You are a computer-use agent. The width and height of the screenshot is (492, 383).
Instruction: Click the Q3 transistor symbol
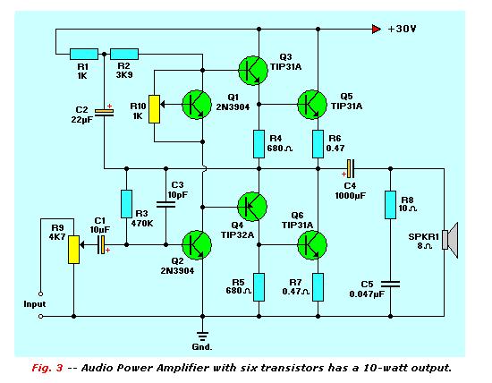[253, 71]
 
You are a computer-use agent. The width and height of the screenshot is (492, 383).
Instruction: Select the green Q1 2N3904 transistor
[197, 105]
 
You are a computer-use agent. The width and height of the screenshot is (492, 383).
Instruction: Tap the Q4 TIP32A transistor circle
[252, 207]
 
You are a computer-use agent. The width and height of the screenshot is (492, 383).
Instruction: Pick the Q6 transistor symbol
[312, 245]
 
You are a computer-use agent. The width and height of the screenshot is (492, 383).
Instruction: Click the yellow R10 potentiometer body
[154, 109]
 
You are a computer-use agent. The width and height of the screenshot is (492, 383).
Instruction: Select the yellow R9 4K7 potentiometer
[73, 250]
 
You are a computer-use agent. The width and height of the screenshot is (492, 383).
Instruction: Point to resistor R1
[84, 54]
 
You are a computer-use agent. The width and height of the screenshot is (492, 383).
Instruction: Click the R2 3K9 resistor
[124, 54]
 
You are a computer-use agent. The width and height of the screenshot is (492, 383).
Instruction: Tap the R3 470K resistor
[126, 204]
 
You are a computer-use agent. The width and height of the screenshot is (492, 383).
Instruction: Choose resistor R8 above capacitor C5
[390, 205]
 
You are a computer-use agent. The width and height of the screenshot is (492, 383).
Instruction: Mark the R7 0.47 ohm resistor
[318, 287]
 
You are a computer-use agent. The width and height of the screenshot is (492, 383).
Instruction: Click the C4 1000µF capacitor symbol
[350, 169]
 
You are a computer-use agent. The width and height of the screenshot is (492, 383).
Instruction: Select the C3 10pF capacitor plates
[166, 204]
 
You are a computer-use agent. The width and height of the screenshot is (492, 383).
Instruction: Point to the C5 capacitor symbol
[390, 284]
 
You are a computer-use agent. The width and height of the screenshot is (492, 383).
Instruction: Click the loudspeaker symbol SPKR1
[450, 240]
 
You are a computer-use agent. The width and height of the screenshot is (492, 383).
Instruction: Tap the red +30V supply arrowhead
[377, 30]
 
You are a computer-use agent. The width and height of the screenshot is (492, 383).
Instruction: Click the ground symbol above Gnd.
[203, 336]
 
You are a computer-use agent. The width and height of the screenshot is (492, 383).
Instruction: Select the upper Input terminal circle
[40, 294]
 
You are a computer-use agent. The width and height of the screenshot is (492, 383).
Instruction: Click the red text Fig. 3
[47, 368]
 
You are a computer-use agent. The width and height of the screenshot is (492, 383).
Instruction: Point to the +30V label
[402, 29]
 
